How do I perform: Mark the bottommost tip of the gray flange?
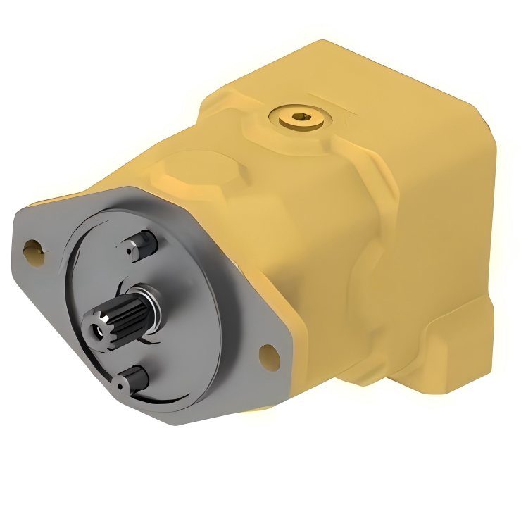[x=204, y=422]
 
